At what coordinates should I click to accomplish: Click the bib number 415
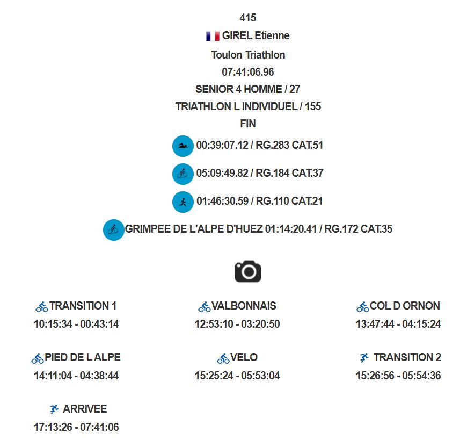click(248, 18)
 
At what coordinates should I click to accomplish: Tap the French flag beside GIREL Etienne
click(213, 36)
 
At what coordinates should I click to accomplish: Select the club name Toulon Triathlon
click(248, 55)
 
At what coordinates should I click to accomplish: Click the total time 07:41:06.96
click(248, 72)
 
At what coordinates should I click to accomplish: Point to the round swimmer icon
click(183, 146)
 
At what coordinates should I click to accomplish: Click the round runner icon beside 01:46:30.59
click(183, 202)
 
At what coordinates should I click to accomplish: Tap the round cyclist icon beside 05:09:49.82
click(183, 174)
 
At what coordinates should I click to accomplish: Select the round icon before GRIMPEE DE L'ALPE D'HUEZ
click(113, 230)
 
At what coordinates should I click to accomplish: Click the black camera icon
click(248, 271)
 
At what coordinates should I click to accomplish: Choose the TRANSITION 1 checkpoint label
click(83, 306)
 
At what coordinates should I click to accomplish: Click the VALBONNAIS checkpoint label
click(244, 306)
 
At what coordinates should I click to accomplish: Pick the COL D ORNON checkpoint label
click(405, 306)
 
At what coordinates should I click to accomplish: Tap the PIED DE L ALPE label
click(83, 357)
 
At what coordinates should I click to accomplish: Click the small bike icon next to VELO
click(223, 358)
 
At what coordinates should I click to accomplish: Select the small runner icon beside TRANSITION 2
click(364, 357)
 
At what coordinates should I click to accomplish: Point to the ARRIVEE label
click(85, 409)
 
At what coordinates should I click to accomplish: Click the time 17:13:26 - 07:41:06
click(76, 427)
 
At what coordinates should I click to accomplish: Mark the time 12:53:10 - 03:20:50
click(237, 324)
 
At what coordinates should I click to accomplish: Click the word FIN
click(248, 124)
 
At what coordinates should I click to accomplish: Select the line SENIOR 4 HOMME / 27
click(248, 89)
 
